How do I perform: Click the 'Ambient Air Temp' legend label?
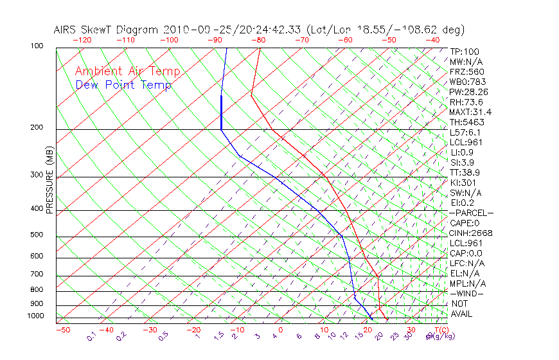[127, 71]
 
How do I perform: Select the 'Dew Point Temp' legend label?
[123, 85]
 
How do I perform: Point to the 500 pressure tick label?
[37, 235]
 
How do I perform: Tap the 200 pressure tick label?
[37, 128]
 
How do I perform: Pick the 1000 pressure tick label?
[35, 316]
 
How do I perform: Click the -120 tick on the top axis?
[82, 39]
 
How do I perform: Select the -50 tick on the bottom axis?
[62, 330]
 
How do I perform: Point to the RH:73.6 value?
[466, 102]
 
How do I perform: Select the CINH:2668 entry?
[471, 233]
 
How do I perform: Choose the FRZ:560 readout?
[467, 72]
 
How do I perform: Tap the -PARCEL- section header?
[471, 213]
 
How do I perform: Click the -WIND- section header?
[467, 293]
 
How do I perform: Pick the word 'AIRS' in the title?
[65, 30]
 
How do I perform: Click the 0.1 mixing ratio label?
[91, 336]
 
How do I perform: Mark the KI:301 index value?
[464, 183]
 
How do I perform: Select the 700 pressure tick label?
[37, 275]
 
